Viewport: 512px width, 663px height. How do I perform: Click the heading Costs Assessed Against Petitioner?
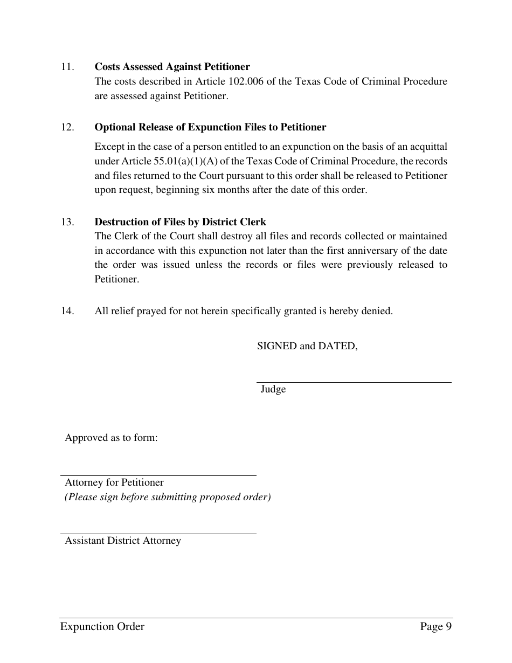click(172, 67)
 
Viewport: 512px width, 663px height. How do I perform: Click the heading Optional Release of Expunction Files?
click(210, 127)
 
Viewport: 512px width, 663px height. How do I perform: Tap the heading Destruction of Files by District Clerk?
click(180, 222)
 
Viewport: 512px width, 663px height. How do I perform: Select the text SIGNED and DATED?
click(307, 346)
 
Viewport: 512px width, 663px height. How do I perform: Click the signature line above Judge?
click(354, 382)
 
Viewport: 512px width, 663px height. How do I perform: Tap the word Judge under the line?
click(273, 389)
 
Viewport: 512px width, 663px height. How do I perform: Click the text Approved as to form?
click(111, 438)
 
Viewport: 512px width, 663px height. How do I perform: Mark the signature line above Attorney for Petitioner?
click(158, 475)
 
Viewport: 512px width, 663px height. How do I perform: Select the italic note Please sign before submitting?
click(168, 497)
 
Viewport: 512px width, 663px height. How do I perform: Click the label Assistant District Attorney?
click(123, 541)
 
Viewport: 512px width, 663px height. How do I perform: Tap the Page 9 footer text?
click(435, 626)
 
